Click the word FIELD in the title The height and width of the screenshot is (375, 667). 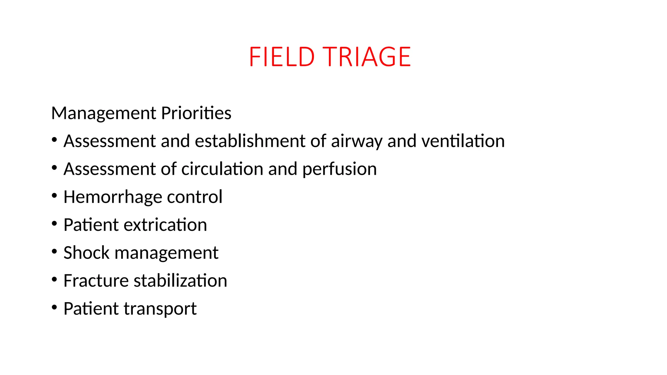coord(282,57)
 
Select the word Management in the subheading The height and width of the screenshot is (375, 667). coord(104,113)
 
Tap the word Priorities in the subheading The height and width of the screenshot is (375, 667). coord(196,113)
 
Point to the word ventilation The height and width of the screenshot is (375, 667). coord(463,141)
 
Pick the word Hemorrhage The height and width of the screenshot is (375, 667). coord(113,197)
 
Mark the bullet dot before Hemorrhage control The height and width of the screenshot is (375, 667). coord(54,196)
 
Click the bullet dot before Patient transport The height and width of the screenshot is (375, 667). coord(54,307)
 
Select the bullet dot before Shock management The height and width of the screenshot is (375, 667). coord(54,252)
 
